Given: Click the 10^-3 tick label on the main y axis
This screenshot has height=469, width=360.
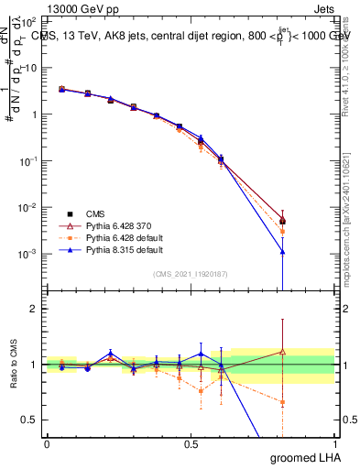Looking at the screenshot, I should pyautogui.click(x=29, y=253).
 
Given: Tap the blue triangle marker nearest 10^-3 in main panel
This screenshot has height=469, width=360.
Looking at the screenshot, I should pyautogui.click(x=283, y=251).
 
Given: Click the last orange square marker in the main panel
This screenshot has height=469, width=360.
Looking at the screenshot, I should pyautogui.click(x=283, y=232).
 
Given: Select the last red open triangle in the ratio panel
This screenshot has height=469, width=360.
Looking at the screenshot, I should pyautogui.click(x=283, y=351).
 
